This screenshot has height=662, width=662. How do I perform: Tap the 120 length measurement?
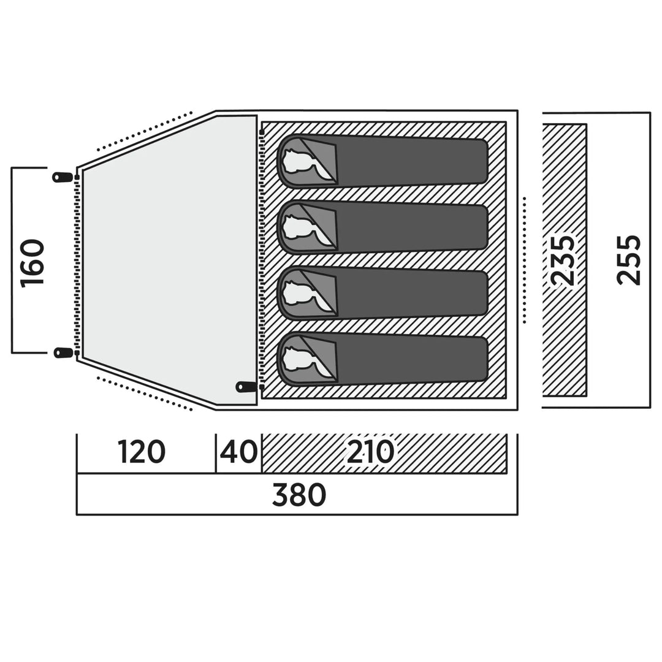[x=142, y=453]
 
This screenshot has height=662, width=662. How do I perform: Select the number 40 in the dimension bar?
[x=238, y=453]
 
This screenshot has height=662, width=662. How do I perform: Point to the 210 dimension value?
[x=370, y=453]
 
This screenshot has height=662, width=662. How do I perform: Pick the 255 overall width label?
[x=628, y=260]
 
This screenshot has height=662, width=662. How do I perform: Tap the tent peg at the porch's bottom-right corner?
[x=246, y=387]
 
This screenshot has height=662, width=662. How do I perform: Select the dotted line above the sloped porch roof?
[x=145, y=130]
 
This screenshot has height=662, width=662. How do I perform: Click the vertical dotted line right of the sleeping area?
[x=525, y=260]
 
